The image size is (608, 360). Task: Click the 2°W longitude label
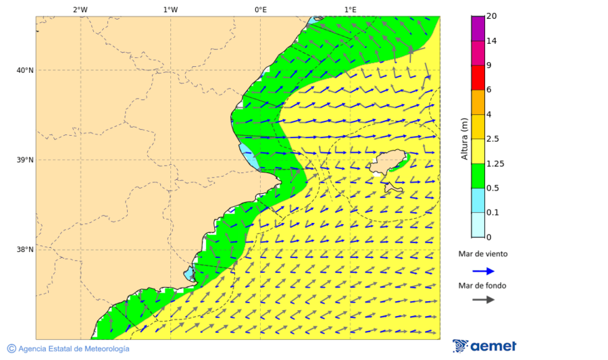point(80,9)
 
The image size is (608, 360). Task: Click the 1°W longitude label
point(170,9)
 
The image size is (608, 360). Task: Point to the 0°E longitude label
point(260,9)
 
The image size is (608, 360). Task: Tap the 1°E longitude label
point(350,9)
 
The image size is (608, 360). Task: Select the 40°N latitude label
point(25,70)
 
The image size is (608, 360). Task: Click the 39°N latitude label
point(25,160)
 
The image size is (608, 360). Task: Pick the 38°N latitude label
point(25,250)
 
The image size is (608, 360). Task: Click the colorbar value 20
point(492,16)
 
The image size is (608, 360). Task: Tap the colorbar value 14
point(492,41)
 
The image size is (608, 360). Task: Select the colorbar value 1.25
point(496,163)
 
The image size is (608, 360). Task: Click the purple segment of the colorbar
point(478,28)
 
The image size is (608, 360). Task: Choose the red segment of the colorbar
point(478,77)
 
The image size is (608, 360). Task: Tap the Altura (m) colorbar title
point(464,138)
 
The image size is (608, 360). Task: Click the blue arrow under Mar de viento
point(483,271)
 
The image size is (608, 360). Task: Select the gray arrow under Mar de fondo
point(483,300)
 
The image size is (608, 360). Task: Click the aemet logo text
point(492,346)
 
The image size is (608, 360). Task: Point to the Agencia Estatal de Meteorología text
point(73,349)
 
